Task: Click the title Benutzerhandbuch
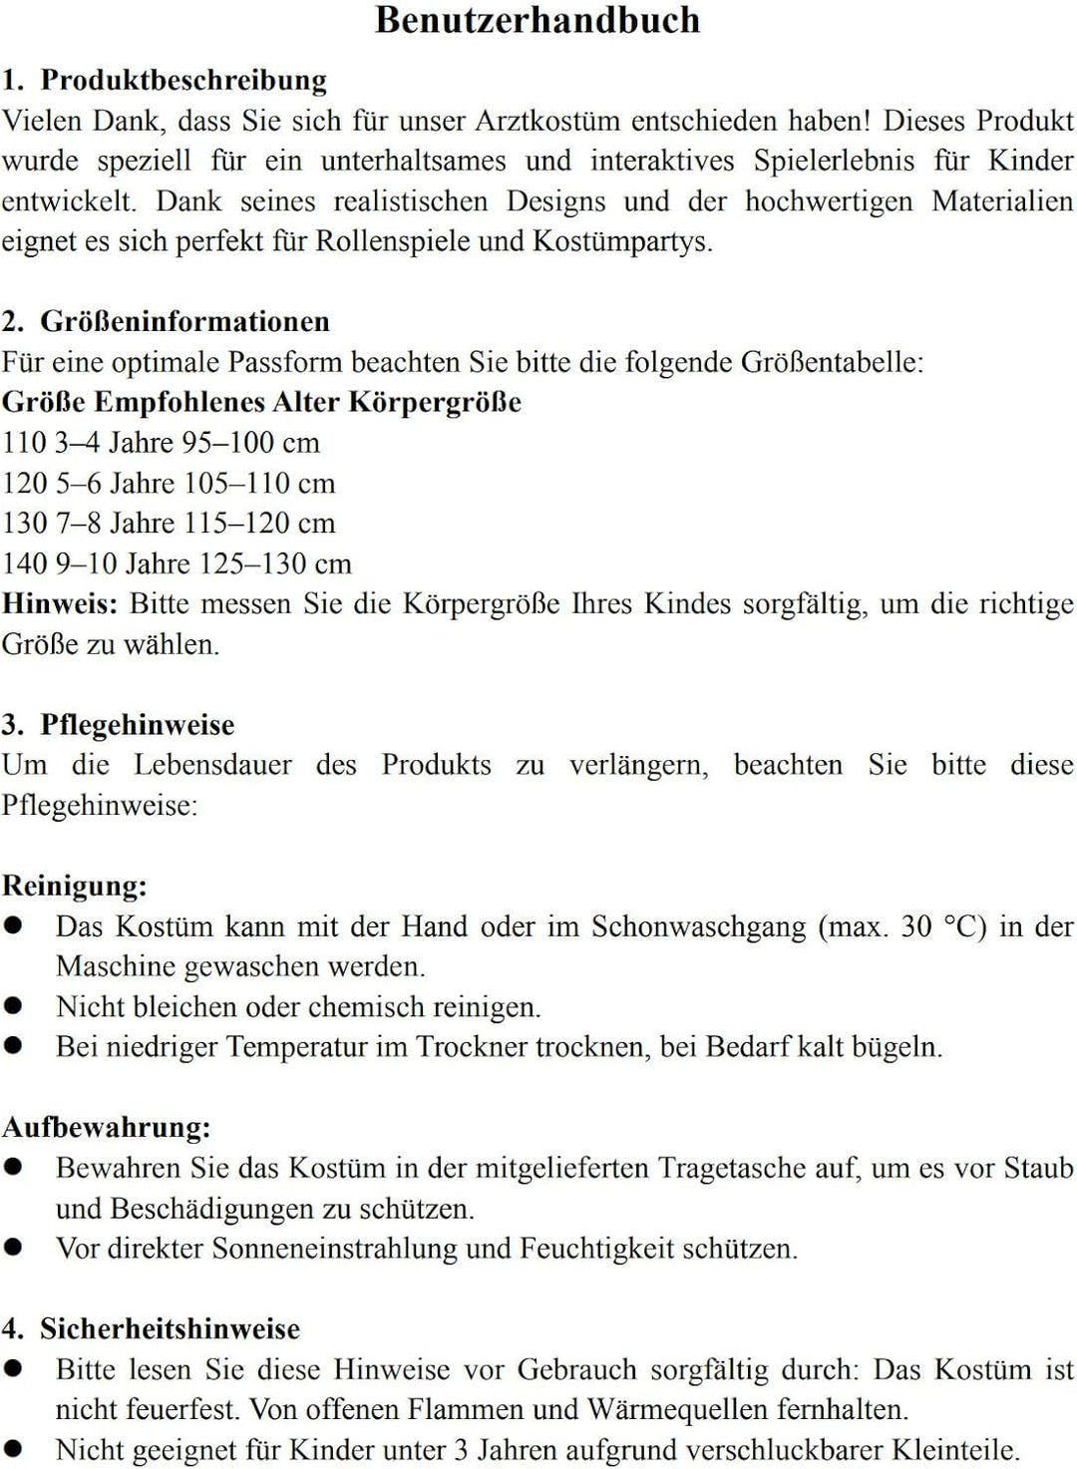[538, 21]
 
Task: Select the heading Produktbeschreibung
[183, 80]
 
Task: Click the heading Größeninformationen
[184, 321]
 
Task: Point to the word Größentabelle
[831, 362]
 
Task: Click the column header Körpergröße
[435, 402]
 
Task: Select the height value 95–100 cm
[250, 443]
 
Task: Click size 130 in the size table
[23, 524]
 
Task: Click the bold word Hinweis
[60, 604]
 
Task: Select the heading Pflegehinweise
[138, 725]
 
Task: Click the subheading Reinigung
[75, 886]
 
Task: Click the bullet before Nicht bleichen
[13, 1005]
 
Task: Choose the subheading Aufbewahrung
[107, 1127]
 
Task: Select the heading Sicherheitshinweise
[170, 1329]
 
